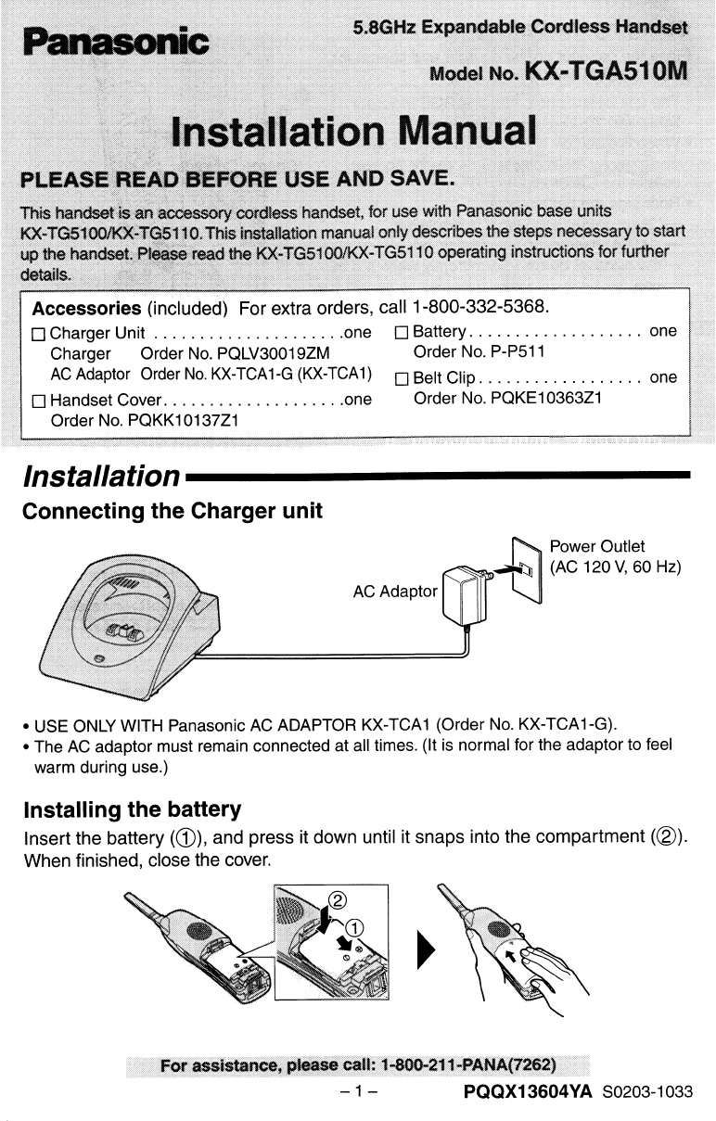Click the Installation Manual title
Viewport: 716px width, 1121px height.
(355, 130)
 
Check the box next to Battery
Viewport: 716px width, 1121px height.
(402, 333)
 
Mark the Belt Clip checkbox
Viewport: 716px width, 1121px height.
(402, 378)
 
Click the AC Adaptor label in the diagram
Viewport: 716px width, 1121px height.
(394, 591)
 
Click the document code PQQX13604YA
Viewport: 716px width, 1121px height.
(528, 1091)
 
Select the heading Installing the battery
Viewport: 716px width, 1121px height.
(132, 809)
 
